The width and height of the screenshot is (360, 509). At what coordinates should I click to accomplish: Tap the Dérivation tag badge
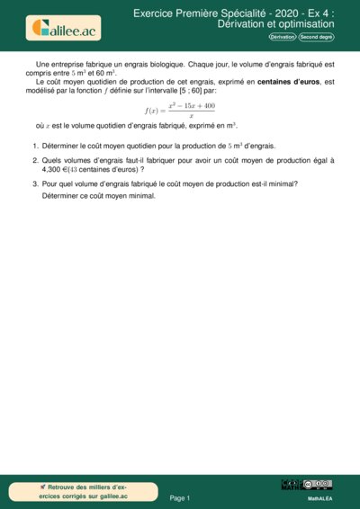283,38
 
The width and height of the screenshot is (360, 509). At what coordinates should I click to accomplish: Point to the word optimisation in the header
307,24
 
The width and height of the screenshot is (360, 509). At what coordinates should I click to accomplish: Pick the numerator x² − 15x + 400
191,105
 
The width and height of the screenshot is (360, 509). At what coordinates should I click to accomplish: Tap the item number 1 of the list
34,145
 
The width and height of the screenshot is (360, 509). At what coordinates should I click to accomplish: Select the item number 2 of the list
34,159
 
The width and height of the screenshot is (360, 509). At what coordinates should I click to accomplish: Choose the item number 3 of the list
34,183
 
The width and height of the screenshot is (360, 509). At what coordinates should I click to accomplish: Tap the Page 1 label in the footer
180,497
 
